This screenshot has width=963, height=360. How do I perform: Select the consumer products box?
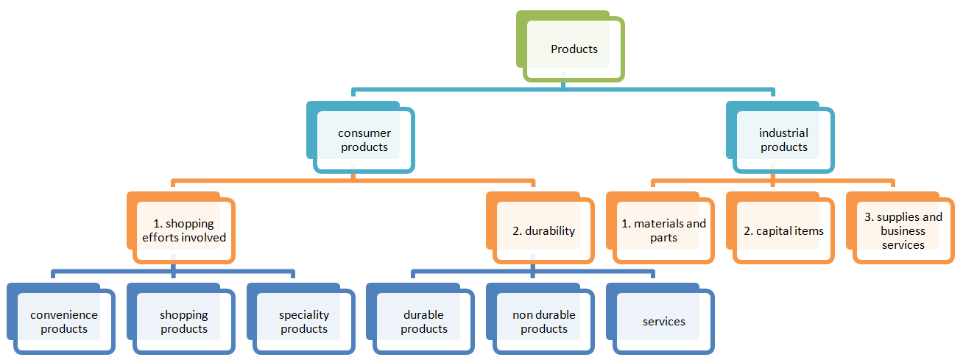[364, 140]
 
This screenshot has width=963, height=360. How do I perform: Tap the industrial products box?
[783, 140]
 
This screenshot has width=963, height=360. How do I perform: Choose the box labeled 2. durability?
[543, 230]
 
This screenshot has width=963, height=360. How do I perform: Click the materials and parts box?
[663, 230]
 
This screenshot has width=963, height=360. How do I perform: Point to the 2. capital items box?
[783, 230]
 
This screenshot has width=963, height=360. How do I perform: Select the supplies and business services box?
[903, 230]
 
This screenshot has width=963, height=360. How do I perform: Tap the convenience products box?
[64, 322]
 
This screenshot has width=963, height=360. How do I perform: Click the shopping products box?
[184, 322]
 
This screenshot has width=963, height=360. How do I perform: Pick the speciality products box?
[303, 322]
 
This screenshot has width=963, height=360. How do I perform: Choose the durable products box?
[423, 322]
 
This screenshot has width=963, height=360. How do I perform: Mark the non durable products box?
[543, 322]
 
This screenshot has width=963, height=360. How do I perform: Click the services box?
[663, 322]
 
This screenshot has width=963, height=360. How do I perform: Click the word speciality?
[304, 315]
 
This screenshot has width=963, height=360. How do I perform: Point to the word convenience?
[64, 315]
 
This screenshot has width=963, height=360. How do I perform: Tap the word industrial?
[783, 133]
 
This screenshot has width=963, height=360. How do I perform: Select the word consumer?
[364, 133]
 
